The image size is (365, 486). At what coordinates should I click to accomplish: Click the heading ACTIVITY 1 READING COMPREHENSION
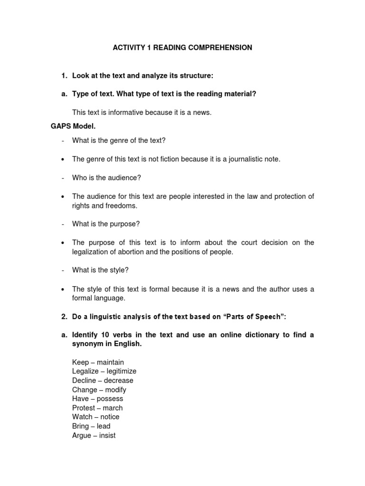tap(182, 48)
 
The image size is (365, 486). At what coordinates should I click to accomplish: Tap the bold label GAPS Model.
tap(73, 126)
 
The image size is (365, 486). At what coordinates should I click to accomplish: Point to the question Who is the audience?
tap(106, 178)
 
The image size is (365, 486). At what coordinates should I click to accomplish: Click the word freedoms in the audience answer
tap(123, 206)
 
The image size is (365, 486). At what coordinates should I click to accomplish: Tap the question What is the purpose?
tap(106, 224)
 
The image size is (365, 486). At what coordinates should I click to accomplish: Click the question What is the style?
tap(100, 270)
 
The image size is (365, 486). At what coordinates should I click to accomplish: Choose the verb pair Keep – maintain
tap(98, 362)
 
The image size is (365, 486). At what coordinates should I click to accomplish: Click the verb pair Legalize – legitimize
tap(104, 371)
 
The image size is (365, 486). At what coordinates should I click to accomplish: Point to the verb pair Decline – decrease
tap(103, 380)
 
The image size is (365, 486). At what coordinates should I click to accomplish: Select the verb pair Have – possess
tap(97, 399)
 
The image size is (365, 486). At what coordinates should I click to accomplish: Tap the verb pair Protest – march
tap(97, 408)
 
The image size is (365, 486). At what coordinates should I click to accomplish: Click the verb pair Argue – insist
tap(94, 435)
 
